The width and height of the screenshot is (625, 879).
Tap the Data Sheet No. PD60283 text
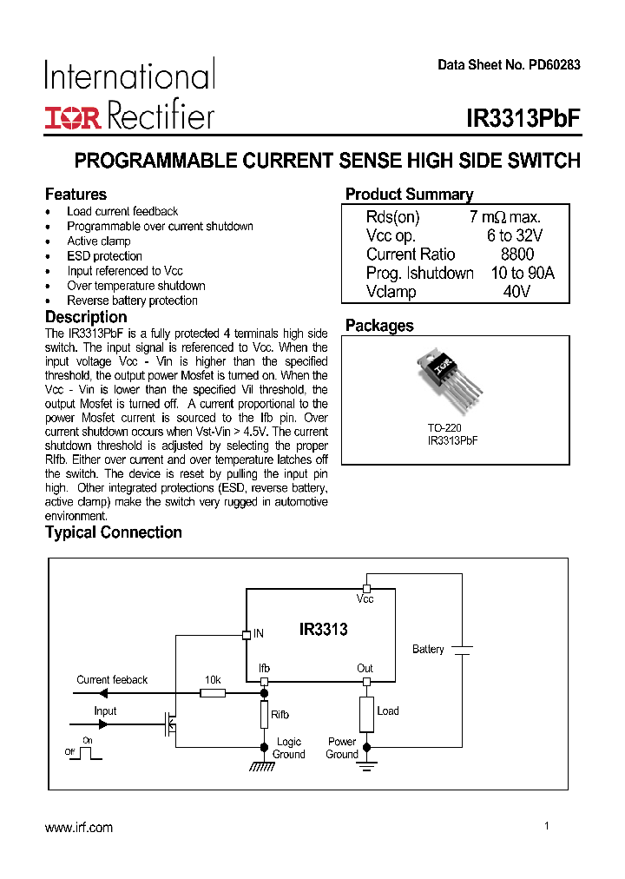coord(509,65)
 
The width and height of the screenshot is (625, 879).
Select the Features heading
coord(76,195)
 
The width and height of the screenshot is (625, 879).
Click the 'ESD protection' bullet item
coord(104,256)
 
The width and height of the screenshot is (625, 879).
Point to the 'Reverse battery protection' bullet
coord(132,301)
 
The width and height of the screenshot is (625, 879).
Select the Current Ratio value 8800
coord(517,254)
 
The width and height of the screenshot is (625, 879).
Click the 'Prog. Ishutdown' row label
coord(420,274)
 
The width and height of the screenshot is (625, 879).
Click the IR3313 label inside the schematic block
coord(323,630)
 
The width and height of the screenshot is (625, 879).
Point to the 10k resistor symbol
coord(213,693)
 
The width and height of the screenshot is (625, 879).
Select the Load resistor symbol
coord(366,714)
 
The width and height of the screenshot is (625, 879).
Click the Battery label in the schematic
coord(428,650)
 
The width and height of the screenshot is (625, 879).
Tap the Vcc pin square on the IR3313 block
coord(366,589)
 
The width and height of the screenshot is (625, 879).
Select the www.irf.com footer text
coord(79,828)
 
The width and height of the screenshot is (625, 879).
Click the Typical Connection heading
coord(114,532)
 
